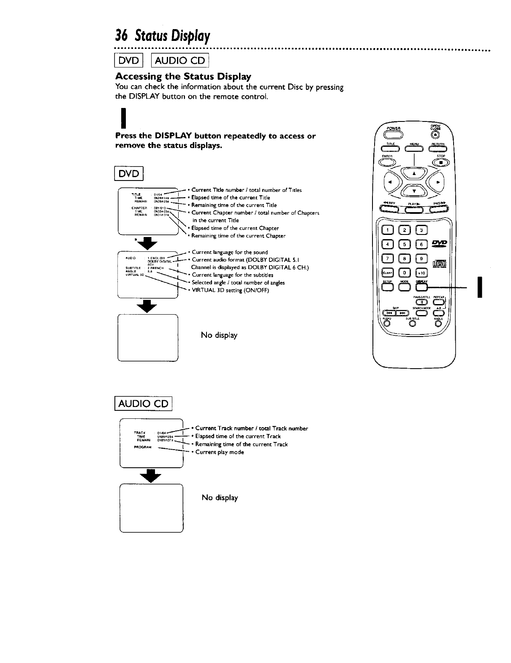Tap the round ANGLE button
click(x=438, y=324)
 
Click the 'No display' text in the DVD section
click(x=219, y=335)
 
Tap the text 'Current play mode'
click(x=220, y=452)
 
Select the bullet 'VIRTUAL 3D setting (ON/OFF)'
click(x=230, y=290)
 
